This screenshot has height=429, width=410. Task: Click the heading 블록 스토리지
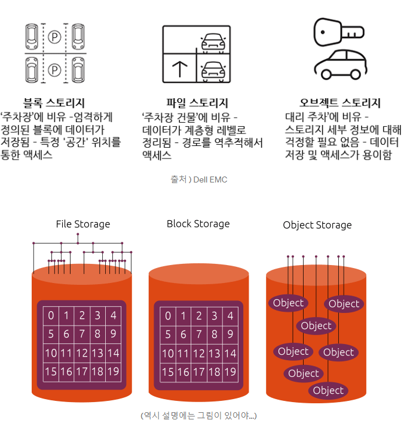(54, 103)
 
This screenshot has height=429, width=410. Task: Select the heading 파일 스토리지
(197, 103)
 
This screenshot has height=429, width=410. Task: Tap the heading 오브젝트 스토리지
(340, 103)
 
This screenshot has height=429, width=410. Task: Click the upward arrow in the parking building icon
(179, 69)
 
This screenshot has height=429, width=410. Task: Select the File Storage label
(83, 224)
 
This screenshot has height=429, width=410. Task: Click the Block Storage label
(198, 224)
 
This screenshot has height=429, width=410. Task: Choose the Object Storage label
(317, 225)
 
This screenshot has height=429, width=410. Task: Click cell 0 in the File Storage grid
(51, 315)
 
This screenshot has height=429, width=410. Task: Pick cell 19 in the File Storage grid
(113, 372)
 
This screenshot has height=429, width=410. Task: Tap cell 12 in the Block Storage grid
(199, 353)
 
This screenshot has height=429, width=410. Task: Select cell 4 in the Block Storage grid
(230, 315)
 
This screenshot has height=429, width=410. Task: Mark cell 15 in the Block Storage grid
(168, 372)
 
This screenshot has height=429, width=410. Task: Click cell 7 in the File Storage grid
(82, 334)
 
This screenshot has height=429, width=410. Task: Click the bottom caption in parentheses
(198, 415)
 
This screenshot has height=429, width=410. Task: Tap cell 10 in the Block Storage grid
(168, 353)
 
